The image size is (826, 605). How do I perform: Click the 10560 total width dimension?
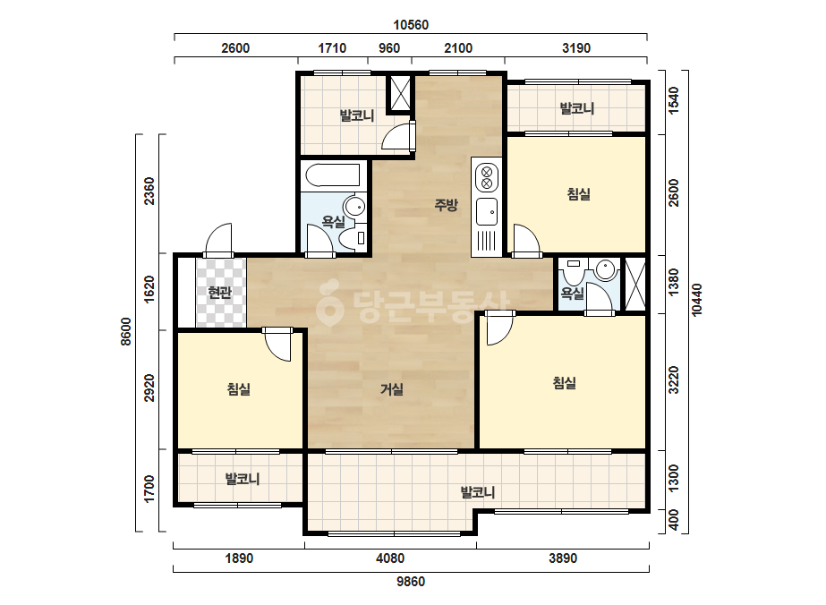tap(411, 25)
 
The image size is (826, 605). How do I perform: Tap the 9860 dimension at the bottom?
tap(411, 582)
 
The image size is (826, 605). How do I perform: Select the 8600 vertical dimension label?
tap(126, 331)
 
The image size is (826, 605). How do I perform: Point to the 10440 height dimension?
tap(697, 300)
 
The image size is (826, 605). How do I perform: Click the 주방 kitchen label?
tap(447, 204)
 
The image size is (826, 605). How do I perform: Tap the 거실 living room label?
tap(393, 389)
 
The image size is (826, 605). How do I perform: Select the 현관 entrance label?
tap(219, 292)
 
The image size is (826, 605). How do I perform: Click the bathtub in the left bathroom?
tap(333, 175)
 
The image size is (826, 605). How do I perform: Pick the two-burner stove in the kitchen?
tap(487, 177)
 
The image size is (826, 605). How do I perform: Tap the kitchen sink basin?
tap(487, 212)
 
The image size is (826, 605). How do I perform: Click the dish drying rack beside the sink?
tap(487, 242)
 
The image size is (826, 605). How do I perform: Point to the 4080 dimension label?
tap(390, 558)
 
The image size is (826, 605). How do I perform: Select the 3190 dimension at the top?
tap(576, 48)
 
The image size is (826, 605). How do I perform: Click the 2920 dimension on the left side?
tap(149, 388)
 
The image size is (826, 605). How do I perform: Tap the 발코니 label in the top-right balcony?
tap(577, 108)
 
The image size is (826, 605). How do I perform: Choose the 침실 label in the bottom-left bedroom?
tap(239, 389)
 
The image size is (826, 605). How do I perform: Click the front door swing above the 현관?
tap(217, 241)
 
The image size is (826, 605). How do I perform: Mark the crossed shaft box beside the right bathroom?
tap(634, 285)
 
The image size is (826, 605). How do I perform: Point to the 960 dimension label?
tap(389, 48)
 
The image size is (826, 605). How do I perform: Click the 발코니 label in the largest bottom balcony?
tap(478, 492)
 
